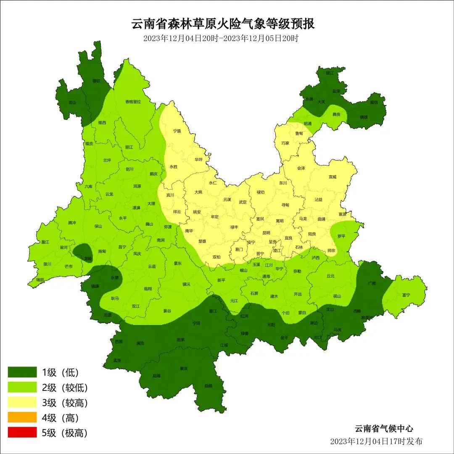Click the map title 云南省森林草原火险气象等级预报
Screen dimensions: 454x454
tap(223, 24)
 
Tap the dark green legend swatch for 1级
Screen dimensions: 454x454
tap(22, 372)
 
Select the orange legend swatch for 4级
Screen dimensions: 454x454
tap(22, 418)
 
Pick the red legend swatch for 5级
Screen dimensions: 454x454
tap(22, 433)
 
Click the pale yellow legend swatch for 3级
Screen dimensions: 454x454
tap(22, 403)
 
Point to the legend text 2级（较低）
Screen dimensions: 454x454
tap(65, 388)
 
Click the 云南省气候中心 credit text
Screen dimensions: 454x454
tap(383, 429)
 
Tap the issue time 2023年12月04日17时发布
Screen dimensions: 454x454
tap(376, 441)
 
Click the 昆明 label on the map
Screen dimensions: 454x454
tap(266, 232)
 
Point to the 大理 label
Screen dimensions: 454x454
tap(151, 203)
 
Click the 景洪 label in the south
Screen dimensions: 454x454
tap(183, 368)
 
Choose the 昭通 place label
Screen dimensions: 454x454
tap(308, 124)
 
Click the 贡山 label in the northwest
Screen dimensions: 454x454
tap(73, 102)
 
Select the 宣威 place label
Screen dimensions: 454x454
tap(333, 177)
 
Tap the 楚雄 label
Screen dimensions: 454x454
tap(203, 241)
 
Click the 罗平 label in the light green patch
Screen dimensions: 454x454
tap(341, 236)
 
